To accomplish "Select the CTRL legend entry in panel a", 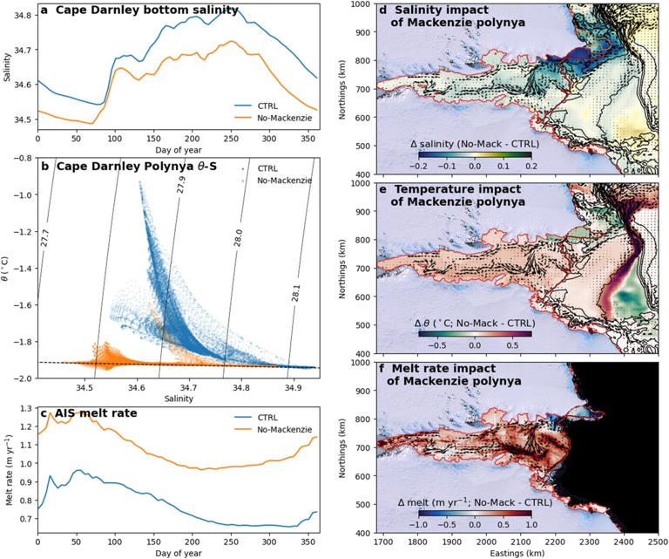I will tap(272, 103).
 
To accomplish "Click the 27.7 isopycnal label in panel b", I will tap(45, 240).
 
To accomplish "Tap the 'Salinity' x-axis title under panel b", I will tap(173, 399).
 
